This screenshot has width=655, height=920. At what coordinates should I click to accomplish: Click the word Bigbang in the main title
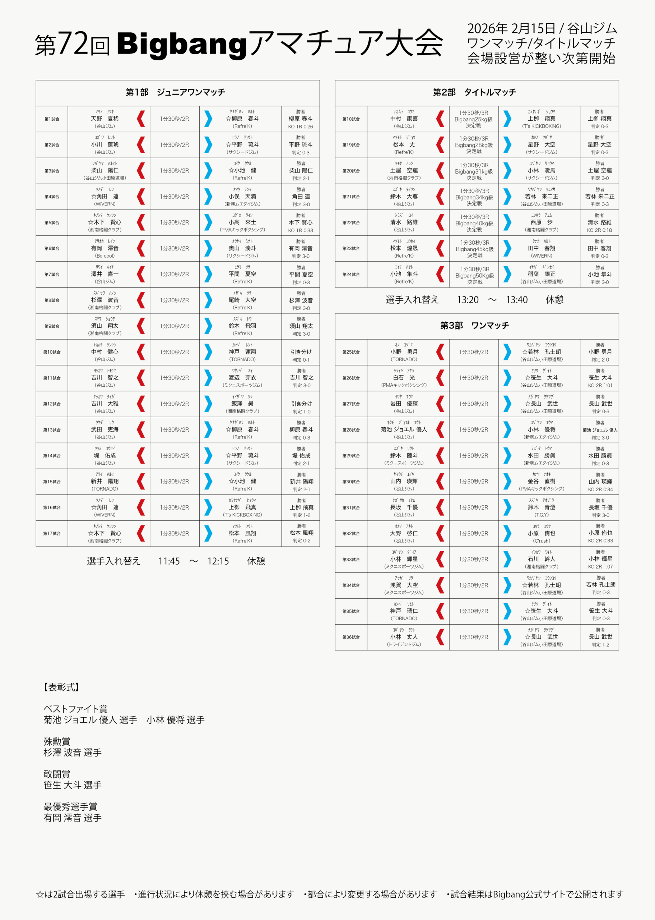tap(181, 45)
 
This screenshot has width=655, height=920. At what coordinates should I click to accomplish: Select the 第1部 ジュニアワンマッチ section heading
tap(176, 92)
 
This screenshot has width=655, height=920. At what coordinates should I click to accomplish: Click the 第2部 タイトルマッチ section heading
tap(474, 92)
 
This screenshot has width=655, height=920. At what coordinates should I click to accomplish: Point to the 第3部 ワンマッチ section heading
tap(474, 326)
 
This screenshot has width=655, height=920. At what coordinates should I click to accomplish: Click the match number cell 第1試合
tap(52, 119)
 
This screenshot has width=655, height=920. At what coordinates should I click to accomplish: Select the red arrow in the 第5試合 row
tap(141, 223)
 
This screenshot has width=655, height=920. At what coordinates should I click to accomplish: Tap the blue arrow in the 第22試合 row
tap(507, 223)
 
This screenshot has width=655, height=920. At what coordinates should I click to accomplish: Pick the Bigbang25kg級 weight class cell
tap(474, 119)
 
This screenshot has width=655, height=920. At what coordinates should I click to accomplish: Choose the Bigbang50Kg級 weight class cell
tap(474, 276)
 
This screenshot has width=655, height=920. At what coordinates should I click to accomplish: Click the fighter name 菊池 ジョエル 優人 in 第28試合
tap(404, 430)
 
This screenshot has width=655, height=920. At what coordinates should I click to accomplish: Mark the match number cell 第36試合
tap(351, 637)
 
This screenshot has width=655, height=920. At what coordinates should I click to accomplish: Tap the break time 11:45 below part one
tap(169, 561)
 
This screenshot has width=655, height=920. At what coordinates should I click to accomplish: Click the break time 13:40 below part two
tap(517, 300)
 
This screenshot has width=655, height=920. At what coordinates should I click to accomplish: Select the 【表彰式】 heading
tap(61, 687)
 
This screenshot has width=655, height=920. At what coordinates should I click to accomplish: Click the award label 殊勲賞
tap(57, 741)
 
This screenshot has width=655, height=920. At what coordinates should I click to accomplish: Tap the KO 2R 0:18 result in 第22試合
tap(599, 230)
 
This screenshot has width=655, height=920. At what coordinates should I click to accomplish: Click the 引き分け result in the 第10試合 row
tap(301, 352)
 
